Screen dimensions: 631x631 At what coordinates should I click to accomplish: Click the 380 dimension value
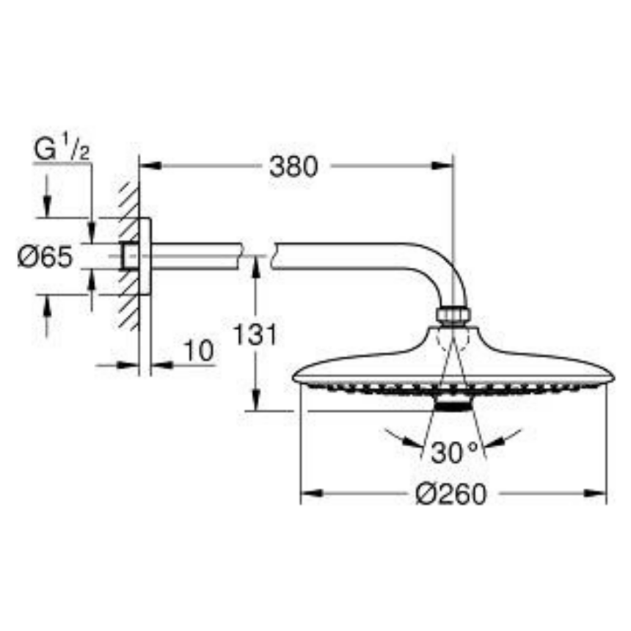293,167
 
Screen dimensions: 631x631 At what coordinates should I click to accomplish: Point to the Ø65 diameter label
45,257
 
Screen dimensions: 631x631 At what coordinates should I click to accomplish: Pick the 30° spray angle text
454,452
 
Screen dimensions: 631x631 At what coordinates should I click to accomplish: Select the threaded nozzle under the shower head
453,405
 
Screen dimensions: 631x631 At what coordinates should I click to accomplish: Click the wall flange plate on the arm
145,256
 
